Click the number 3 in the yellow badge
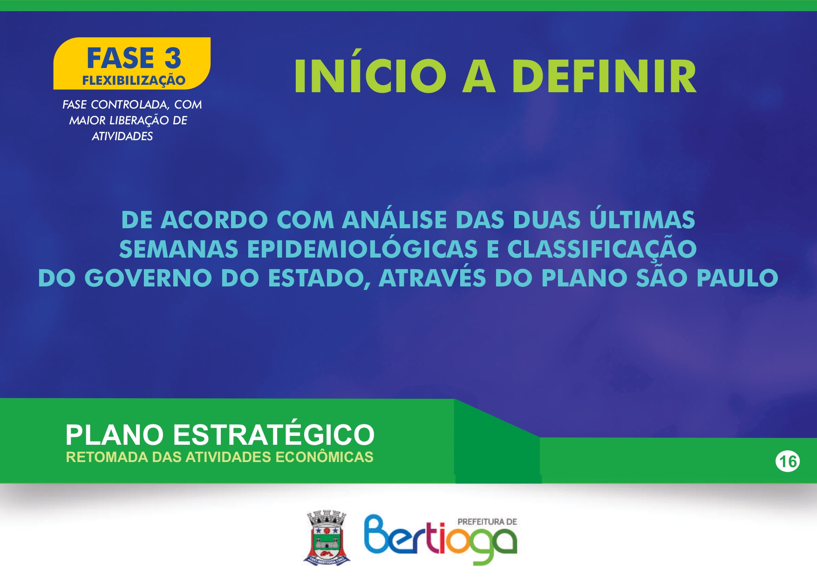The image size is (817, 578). click(173, 58)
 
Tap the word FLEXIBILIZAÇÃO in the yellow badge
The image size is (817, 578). click(134, 80)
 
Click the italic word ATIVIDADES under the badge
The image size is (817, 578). click(122, 136)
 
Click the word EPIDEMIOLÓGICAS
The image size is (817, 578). click(362, 249)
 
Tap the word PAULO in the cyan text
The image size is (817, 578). click(737, 278)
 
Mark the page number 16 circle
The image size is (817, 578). click(788, 462)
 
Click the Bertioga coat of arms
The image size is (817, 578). click(327, 537)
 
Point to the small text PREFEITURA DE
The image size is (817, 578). click(487, 522)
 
